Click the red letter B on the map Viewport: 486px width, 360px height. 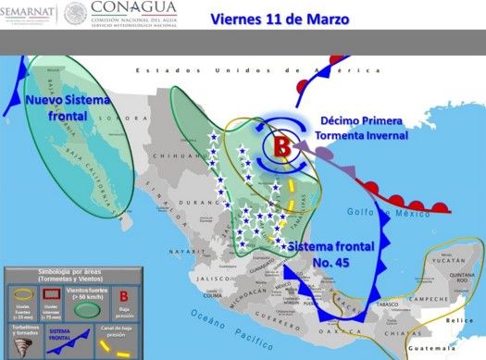coord(281,145)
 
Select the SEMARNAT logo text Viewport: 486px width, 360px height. coord(30,12)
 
